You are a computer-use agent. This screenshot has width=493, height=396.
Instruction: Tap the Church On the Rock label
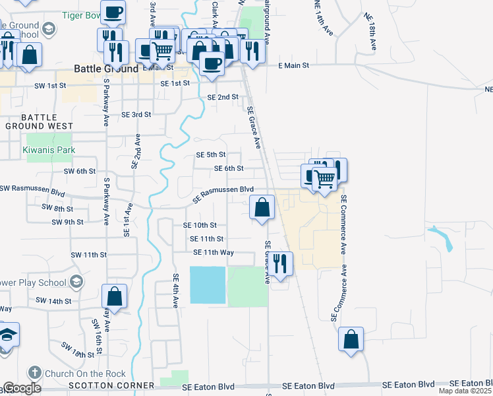click(77, 373)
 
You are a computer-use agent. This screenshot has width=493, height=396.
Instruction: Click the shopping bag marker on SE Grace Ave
click(262, 208)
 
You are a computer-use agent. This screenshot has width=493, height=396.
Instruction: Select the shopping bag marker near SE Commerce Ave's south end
click(351, 340)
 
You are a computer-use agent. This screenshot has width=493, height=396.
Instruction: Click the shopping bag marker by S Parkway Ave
click(115, 297)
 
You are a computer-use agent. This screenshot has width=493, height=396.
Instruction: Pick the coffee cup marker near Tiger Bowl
click(113, 12)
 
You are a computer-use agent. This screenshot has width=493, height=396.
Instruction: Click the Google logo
click(22, 387)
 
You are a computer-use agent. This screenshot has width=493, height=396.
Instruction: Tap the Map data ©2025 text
click(465, 391)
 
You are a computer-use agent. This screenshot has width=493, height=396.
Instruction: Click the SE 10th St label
click(200, 225)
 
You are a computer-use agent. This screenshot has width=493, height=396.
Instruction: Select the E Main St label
click(293, 65)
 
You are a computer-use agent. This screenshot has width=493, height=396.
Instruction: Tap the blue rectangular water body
click(208, 285)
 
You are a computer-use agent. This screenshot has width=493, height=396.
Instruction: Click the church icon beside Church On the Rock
click(35, 373)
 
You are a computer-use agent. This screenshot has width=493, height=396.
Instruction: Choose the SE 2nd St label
click(223, 97)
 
